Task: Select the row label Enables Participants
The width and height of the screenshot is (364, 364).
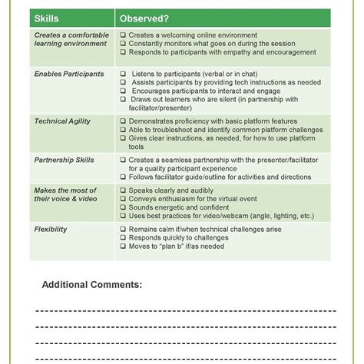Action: click(x=69, y=74)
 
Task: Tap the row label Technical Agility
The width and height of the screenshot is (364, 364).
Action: click(x=63, y=121)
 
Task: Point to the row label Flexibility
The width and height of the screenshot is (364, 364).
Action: click(x=51, y=229)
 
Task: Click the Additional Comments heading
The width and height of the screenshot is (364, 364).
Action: click(x=91, y=284)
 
